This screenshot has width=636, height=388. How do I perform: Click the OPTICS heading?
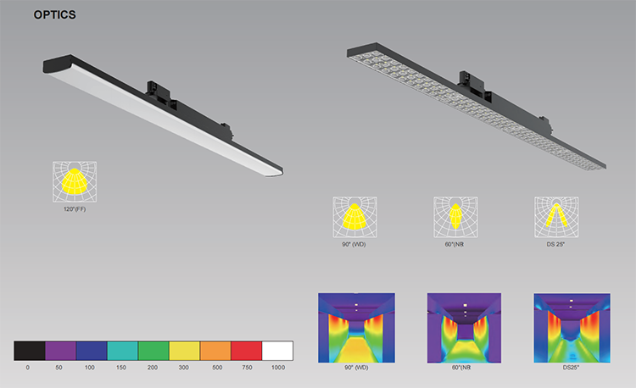pos(55,15)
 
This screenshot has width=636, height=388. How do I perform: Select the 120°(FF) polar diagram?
pos(75,182)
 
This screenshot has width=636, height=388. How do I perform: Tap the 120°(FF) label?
pos(75,209)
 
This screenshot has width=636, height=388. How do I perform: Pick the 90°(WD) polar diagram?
pos(355,217)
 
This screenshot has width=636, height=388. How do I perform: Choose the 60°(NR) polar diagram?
pos(455,217)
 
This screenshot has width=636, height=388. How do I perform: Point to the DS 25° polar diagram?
pos(556,217)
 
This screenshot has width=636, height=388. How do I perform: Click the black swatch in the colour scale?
pos(30,351)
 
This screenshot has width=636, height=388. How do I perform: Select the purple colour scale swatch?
pos(60,351)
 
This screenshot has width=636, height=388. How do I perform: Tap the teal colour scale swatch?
pos(122,351)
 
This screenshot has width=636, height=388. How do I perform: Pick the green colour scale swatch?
pos(153,351)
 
